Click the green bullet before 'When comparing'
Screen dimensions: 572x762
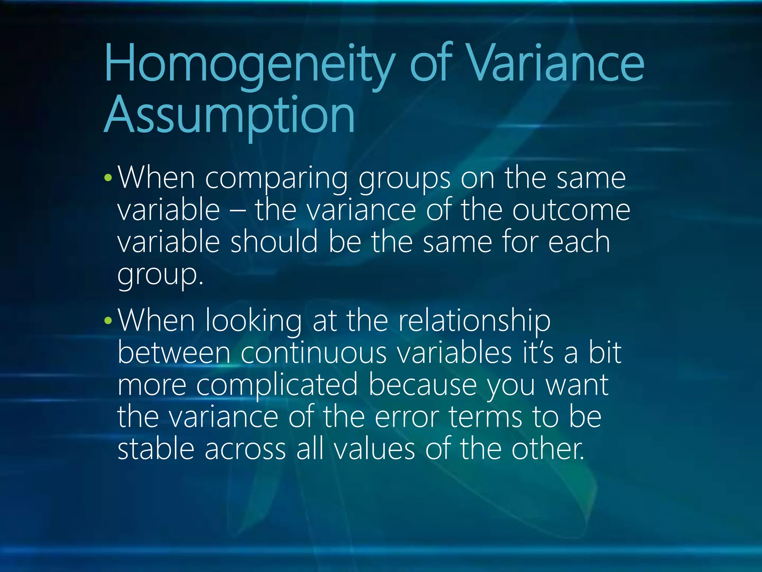tap(108, 178)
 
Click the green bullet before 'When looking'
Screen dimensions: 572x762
tap(108, 320)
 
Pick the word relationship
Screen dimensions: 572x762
tap(474, 321)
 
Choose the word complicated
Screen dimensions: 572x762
tap(277, 385)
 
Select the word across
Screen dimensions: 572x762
tap(245, 449)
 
